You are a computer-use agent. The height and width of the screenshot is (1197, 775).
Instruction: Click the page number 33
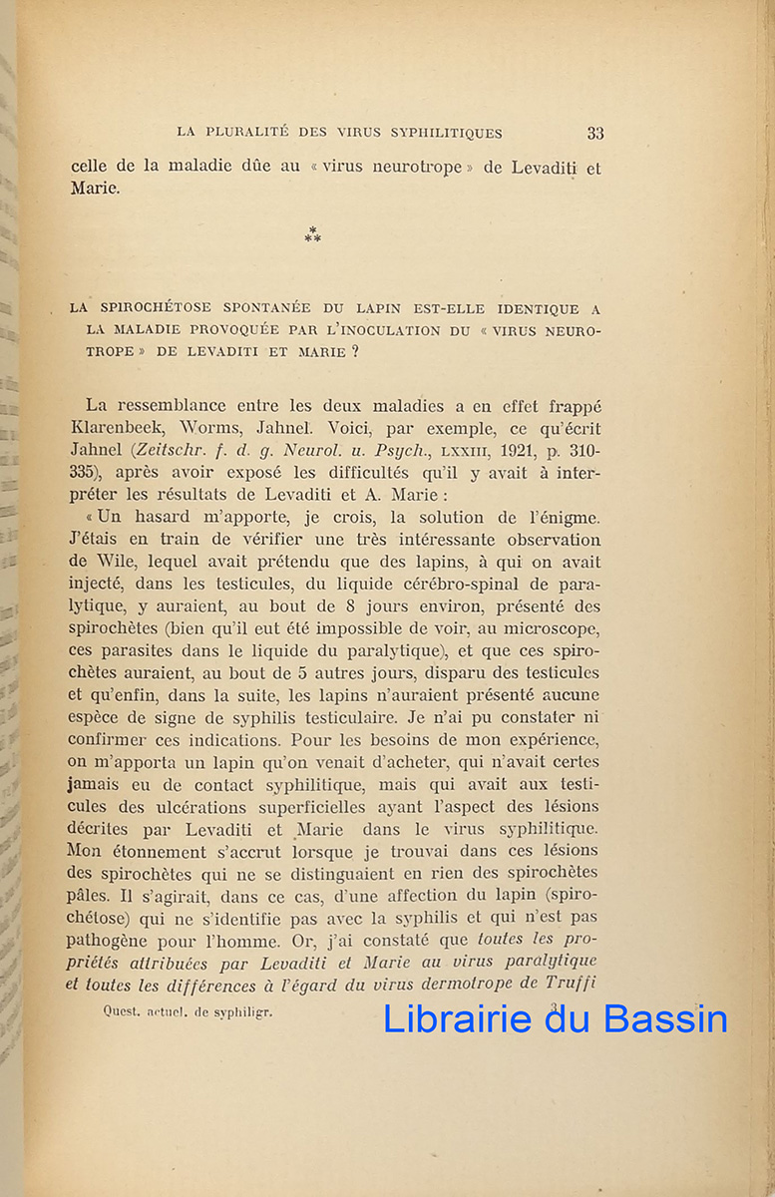[595, 133]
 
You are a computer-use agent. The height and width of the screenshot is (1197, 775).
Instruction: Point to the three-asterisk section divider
[313, 235]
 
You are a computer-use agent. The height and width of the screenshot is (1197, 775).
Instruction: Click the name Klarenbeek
[123, 428]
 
